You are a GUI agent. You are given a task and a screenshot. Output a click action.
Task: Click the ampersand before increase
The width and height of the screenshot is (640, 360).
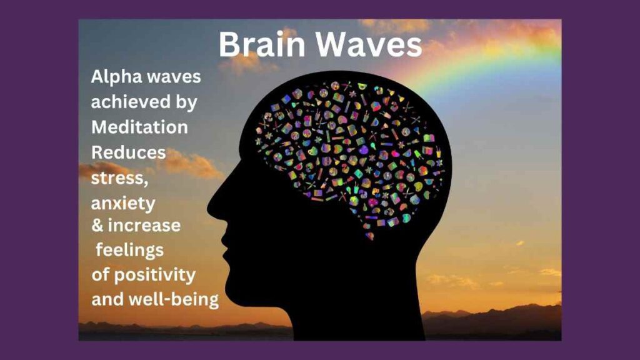point(97,225)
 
